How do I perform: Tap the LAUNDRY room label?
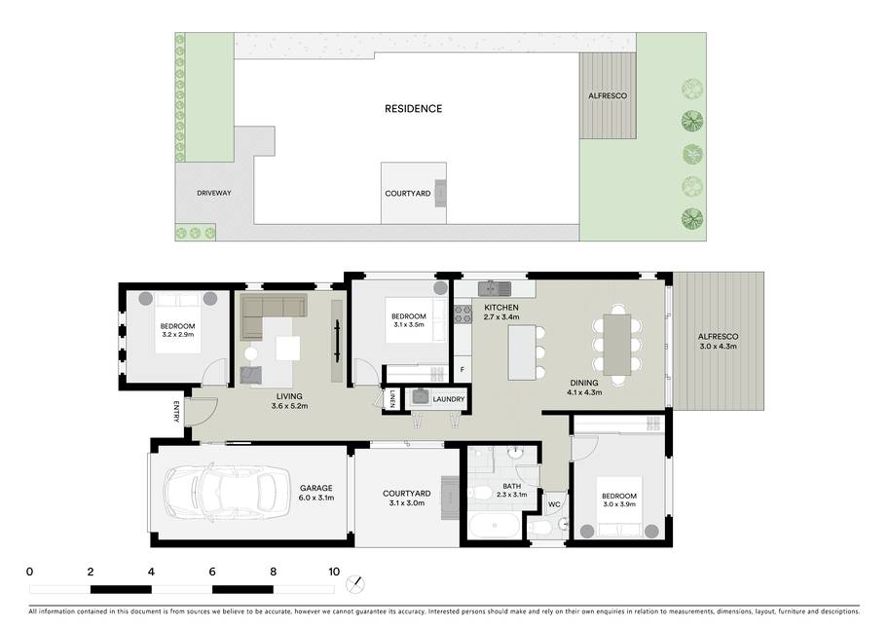(449, 399)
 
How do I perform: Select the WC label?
(554, 504)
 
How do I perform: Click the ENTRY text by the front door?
(176, 412)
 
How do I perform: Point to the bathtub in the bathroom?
(494, 526)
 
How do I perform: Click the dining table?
(617, 345)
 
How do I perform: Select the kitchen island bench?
(522, 352)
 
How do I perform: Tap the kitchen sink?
(495, 288)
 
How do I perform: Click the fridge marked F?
(463, 369)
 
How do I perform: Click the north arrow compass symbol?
(355, 583)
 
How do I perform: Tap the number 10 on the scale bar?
(334, 572)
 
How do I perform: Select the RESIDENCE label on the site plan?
(413, 109)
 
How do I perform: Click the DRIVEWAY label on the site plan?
(214, 193)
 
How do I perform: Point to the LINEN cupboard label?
(391, 398)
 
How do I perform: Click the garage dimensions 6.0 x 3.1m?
(316, 499)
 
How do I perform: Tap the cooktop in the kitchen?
(463, 314)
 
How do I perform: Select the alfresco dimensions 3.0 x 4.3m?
(718, 347)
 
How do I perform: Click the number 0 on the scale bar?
(29, 572)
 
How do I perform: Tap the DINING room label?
(584, 383)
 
